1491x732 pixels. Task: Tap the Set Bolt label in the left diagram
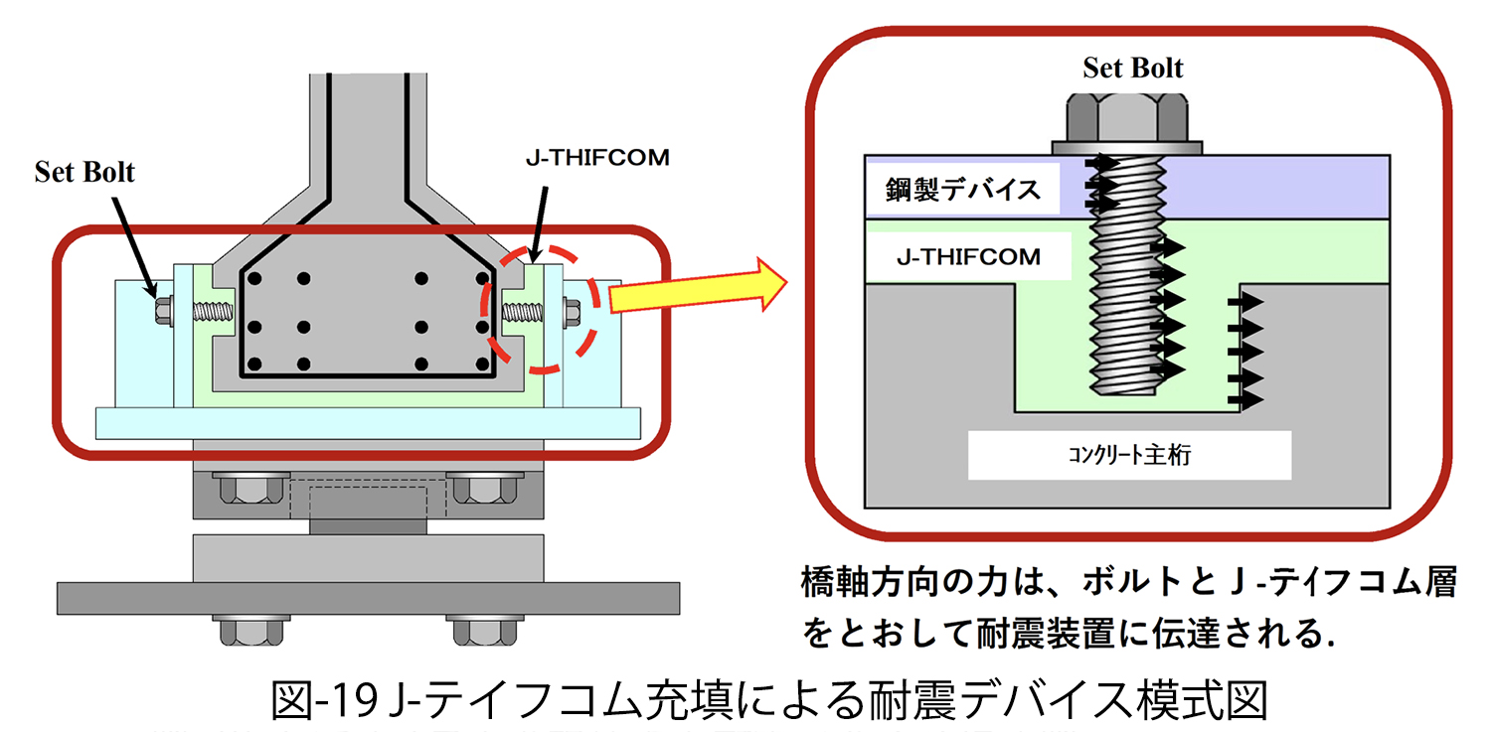pyautogui.click(x=84, y=172)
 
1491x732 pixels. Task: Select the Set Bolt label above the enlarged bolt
pyautogui.click(x=1133, y=68)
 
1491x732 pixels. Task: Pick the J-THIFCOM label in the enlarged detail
pyautogui.click(x=968, y=258)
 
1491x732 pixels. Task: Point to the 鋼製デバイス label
pyautogui.click(x=960, y=189)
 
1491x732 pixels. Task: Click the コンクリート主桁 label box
pyautogui.click(x=1129, y=456)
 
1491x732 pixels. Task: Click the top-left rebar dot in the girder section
pyautogui.click(x=258, y=277)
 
